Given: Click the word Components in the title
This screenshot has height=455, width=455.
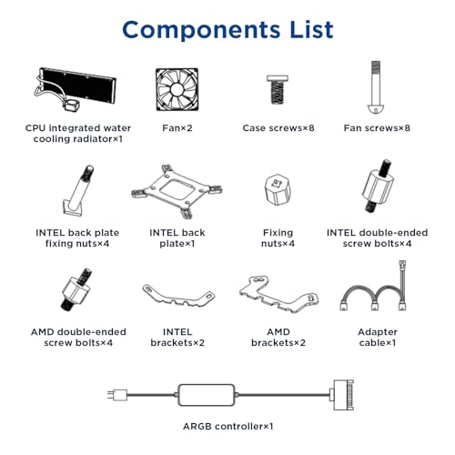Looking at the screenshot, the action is point(201,31).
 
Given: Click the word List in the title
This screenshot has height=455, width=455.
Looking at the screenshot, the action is point(311,29).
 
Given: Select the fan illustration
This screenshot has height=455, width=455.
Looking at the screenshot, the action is point(177,89).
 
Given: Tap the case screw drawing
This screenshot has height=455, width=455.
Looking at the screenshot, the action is point(278,89).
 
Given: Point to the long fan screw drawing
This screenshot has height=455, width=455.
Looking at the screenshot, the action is point(376,87).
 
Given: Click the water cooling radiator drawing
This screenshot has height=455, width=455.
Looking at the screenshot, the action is point(75,90).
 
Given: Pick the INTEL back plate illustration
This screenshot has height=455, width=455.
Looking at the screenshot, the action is point(177,191).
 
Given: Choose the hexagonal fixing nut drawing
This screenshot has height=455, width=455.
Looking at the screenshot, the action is point(278,190).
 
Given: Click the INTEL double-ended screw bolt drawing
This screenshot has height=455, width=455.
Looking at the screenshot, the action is point(378,186).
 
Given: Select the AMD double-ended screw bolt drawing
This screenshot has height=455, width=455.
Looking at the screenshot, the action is point(77,289).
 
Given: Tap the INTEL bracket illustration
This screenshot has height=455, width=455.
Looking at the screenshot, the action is point(178,296).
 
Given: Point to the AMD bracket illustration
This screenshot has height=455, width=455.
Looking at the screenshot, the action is point(278,294).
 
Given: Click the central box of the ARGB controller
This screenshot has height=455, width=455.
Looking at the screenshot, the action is point(207,395).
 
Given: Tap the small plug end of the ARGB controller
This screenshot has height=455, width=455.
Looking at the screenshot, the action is point(117,395).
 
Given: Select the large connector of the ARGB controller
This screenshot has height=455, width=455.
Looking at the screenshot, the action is point(343,395).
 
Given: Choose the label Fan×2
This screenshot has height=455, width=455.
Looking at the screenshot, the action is point(177,128).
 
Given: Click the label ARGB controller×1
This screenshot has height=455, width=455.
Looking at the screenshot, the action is point(228,427).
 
